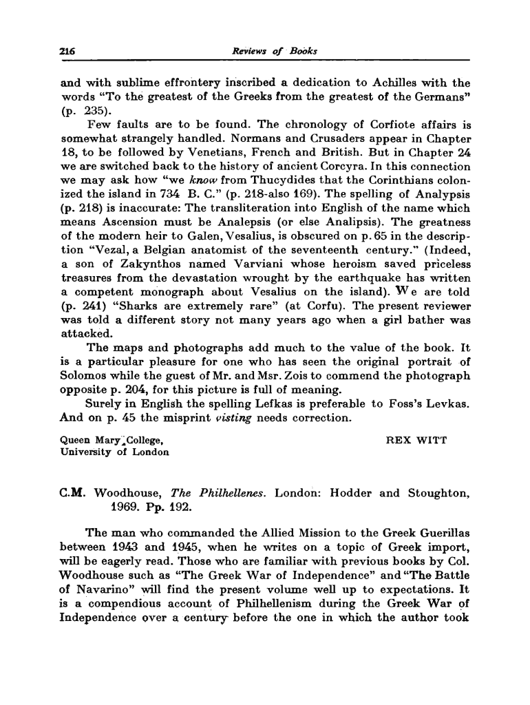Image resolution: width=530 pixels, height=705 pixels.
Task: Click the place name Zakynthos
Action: (x=141, y=283)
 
